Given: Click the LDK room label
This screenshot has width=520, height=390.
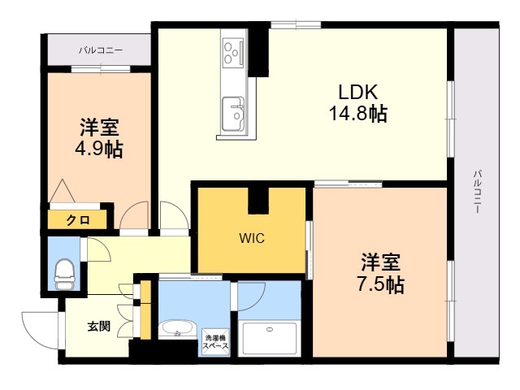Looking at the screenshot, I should [357, 91].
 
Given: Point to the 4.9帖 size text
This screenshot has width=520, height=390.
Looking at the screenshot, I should [101, 149].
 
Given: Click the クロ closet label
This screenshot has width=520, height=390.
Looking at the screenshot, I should [78, 219].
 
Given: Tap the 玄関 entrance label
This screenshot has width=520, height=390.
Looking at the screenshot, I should [98, 327].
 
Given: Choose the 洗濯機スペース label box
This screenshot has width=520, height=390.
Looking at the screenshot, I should [216, 341].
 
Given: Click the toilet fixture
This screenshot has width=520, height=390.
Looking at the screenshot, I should [64, 275].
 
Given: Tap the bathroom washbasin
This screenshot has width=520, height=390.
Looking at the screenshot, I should [175, 330].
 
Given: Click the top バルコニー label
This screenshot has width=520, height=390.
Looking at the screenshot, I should [101, 50].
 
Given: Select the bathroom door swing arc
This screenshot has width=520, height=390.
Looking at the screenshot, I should [247, 297].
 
